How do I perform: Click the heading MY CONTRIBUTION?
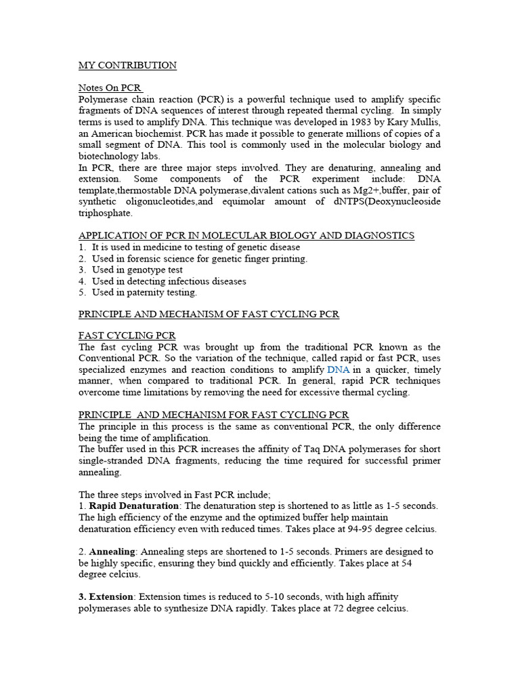point(127,65)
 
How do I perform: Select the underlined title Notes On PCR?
point(110,87)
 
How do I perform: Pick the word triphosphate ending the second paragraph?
point(106,213)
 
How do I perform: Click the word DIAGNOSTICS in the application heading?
point(378,235)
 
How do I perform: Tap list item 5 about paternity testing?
point(144,292)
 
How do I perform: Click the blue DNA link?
point(337,369)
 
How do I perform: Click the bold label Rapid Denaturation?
point(132,506)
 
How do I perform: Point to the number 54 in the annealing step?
point(427,563)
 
